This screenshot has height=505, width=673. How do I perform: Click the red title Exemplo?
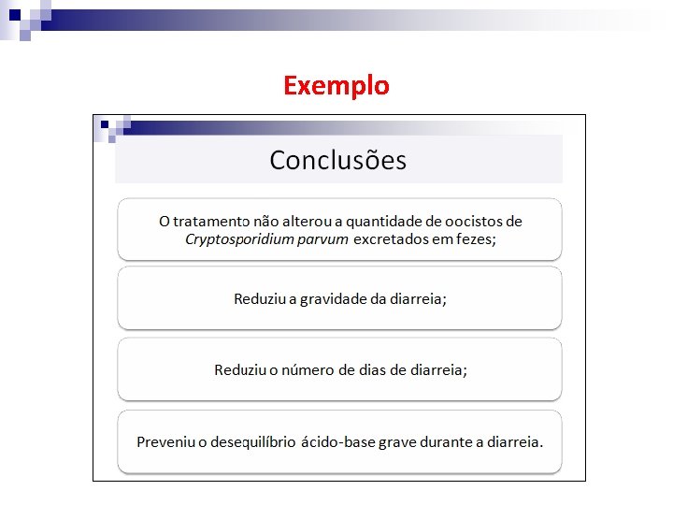pos(336,86)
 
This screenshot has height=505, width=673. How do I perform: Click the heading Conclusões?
pos(337,160)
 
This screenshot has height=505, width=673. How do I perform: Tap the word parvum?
pos(322,239)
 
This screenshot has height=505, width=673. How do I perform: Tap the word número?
pos(308,369)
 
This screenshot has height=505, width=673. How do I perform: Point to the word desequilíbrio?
pos(250,441)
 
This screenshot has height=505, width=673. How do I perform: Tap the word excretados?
pos(390,239)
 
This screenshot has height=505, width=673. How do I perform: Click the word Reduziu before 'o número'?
pos(239,369)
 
